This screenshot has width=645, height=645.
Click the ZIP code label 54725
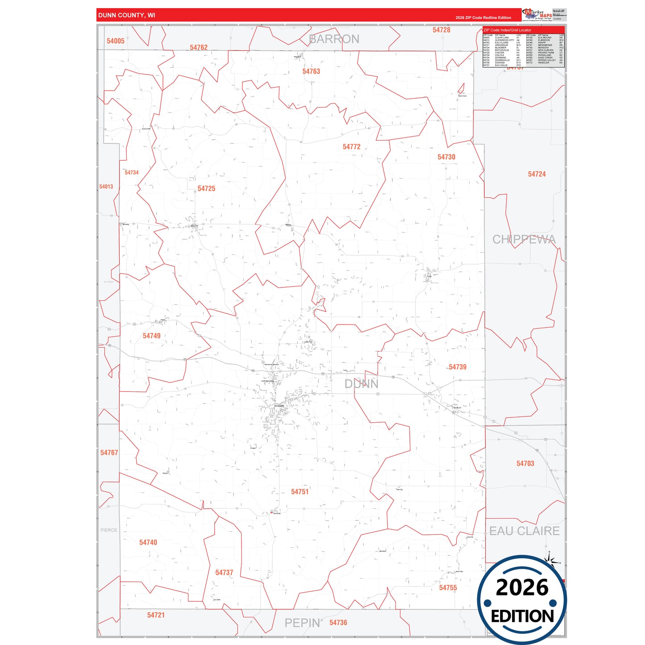pyautogui.click(x=206, y=189)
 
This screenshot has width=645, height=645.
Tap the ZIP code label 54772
pyautogui.click(x=351, y=147)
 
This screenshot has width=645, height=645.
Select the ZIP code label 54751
pyautogui.click(x=300, y=492)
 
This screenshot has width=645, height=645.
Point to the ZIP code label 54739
pyautogui.click(x=457, y=367)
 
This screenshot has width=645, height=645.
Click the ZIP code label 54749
pyautogui.click(x=151, y=336)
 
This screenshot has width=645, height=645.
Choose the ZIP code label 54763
pyautogui.click(x=311, y=71)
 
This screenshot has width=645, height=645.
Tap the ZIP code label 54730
pyautogui.click(x=446, y=157)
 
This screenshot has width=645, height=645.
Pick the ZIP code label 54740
pyautogui.click(x=148, y=542)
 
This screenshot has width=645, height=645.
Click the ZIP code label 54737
pyautogui.click(x=224, y=573)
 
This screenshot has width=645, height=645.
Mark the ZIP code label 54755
pyautogui.click(x=448, y=588)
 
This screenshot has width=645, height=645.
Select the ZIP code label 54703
pyautogui.click(x=525, y=464)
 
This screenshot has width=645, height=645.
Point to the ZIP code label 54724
pyautogui.click(x=537, y=174)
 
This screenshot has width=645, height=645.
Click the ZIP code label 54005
pyautogui.click(x=115, y=41)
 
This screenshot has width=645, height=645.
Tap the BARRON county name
pyautogui.click(x=334, y=39)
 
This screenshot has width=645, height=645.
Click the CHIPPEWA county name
pyautogui.click(x=524, y=240)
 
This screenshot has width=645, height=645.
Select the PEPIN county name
pyautogui.click(x=302, y=623)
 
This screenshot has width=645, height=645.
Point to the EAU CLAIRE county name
pyautogui.click(x=524, y=531)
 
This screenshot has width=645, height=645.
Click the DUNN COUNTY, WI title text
pyautogui.click(x=127, y=15)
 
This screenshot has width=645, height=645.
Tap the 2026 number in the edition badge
pyautogui.click(x=522, y=587)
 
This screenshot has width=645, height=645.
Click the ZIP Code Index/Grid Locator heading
pyautogui.click(x=508, y=30)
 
